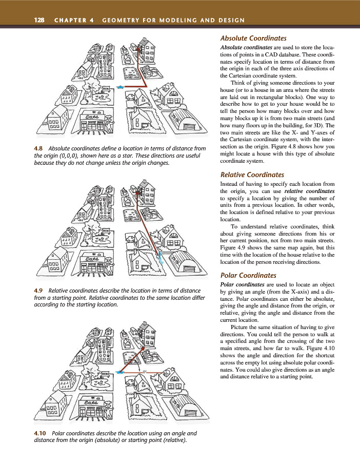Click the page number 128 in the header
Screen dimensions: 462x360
point(39,20)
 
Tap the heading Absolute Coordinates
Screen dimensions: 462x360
point(253,38)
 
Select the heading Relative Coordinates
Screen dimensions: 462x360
point(252,175)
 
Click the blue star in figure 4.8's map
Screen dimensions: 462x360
point(119,88)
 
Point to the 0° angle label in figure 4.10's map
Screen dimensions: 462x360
point(145,371)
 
